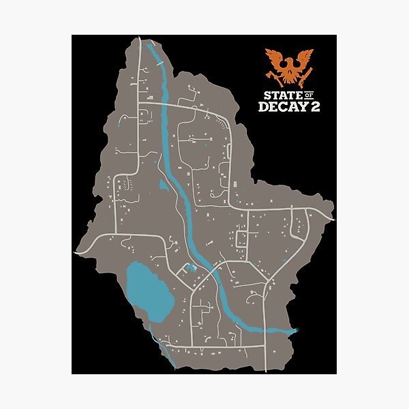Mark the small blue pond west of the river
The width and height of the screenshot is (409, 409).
163,185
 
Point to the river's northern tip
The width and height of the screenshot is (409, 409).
147,45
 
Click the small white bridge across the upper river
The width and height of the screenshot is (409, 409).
159,63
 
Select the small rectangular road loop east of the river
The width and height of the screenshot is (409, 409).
241,239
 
